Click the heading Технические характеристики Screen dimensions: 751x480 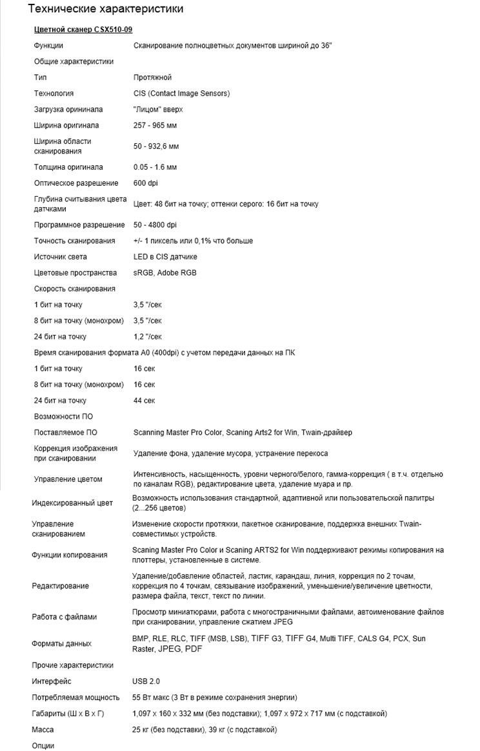coord(106,9)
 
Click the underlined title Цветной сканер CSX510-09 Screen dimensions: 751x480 coord(83,30)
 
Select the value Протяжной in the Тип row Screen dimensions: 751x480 coord(152,77)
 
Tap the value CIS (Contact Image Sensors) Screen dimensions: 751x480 coord(181,94)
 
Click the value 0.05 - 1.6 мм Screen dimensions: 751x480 coord(155,167)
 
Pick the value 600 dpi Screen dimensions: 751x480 coord(146,183)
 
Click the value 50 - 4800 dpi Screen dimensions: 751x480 coord(155,225)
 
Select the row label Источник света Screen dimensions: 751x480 coord(61,257)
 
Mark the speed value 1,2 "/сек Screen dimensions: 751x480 coord(148,337)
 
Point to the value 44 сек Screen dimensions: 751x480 coord(145,401)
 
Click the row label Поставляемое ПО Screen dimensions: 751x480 coord(65,432)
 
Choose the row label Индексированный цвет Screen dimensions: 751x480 coord(72,503)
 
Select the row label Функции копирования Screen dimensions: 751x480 coord(70,555)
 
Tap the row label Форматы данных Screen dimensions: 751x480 coord(61,643)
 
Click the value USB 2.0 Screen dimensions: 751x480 coord(146,681)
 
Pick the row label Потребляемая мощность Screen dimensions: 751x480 coord(76,697)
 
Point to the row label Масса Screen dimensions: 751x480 coord(44,730)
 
